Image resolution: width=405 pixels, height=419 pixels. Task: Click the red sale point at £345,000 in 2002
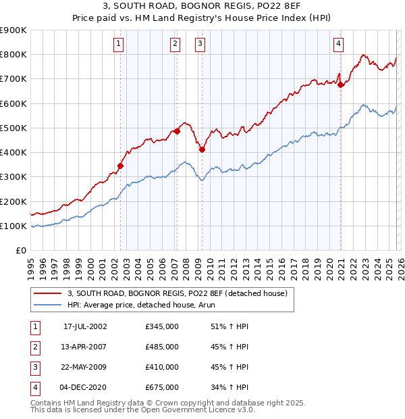click(121, 166)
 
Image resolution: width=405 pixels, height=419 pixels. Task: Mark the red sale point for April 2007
click(177, 131)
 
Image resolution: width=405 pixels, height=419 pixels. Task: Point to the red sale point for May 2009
click(202, 149)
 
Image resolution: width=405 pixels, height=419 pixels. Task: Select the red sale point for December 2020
click(340, 84)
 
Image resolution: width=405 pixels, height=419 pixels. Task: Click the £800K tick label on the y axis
click(13, 55)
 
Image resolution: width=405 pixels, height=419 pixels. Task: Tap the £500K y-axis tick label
click(13, 128)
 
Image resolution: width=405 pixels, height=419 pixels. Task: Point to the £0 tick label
click(21, 250)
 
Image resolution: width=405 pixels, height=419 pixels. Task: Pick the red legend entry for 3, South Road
click(178, 293)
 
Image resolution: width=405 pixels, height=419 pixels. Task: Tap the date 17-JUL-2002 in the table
click(85, 326)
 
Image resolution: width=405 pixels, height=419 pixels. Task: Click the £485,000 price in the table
click(162, 347)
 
